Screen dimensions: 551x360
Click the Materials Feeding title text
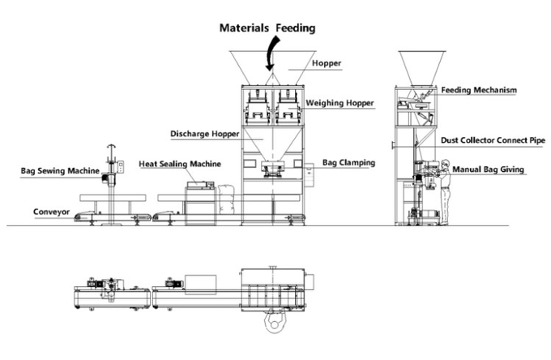coord(267,28)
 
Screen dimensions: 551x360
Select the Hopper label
coord(327,63)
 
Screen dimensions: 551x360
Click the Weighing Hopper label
coord(340,103)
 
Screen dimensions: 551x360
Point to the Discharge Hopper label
coord(204,134)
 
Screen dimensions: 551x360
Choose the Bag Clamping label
coord(348,163)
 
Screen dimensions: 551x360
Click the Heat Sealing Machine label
coord(180,164)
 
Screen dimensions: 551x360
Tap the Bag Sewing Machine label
coord(60,171)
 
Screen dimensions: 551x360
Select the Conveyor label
coord(51,212)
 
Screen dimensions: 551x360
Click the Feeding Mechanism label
coord(479,90)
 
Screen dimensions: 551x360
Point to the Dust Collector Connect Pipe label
coord(493,140)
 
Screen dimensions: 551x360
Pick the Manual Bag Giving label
coord(488,169)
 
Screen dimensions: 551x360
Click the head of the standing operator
coord(445,164)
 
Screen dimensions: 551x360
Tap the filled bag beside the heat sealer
coord(226,199)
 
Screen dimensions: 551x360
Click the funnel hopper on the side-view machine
coord(422,69)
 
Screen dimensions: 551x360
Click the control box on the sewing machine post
coord(121,167)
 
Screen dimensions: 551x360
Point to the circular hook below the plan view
coord(274,321)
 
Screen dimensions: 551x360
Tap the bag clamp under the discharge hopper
coord(273,168)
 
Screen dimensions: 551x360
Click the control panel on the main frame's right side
coord(310,175)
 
